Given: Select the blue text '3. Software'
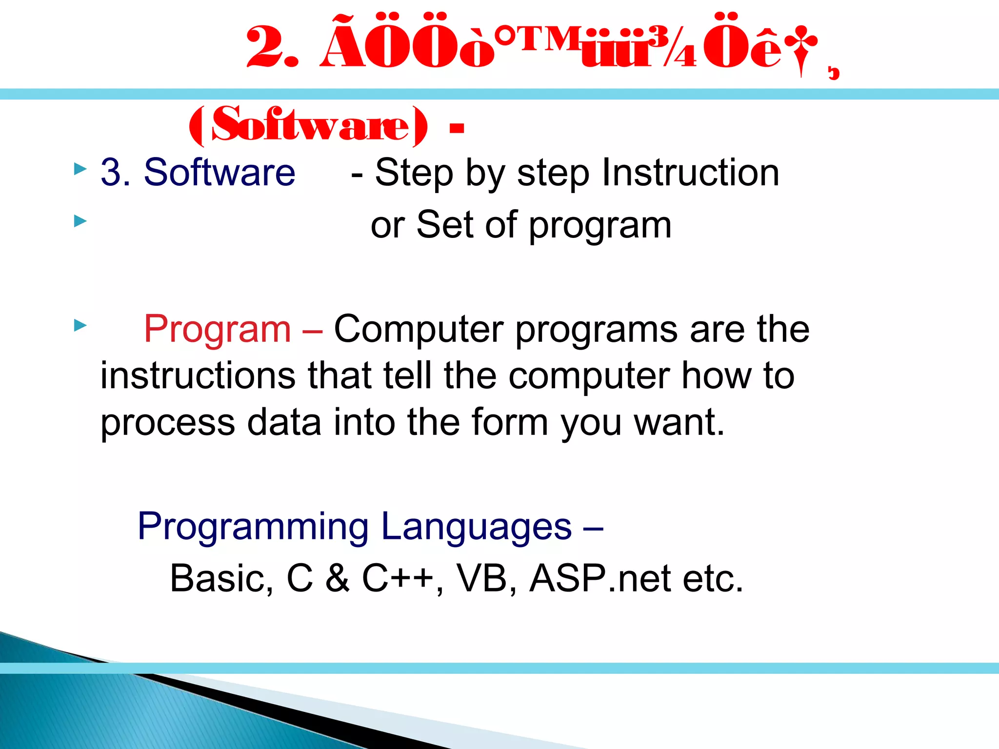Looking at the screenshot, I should [198, 172].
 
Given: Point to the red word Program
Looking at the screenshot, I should [218, 330].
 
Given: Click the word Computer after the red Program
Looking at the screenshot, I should [419, 330].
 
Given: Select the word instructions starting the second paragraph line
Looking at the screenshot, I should [198, 375].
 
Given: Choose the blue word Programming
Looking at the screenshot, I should [253, 527].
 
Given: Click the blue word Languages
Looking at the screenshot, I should [476, 527].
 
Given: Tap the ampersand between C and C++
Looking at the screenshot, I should [338, 579].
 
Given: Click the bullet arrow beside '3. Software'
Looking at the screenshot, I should [80, 169].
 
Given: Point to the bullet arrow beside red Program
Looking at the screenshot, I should [80, 325].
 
